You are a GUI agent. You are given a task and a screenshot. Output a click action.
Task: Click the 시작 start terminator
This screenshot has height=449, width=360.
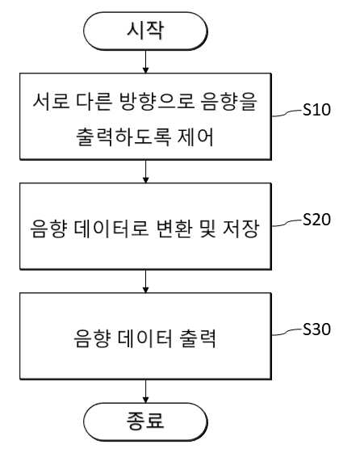click(145, 31)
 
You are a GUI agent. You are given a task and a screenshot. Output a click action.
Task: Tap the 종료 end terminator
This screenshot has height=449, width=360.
click(145, 422)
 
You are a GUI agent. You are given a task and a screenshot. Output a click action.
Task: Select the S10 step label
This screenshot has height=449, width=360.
click(316, 109)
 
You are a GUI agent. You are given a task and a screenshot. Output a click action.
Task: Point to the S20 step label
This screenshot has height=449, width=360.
click(316, 220)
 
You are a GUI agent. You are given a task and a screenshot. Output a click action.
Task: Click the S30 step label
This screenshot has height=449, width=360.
click(316, 329)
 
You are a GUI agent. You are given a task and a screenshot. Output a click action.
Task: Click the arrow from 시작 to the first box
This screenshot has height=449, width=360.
click(145, 61)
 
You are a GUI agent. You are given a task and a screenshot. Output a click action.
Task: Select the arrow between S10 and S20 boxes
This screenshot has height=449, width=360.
click(145, 171)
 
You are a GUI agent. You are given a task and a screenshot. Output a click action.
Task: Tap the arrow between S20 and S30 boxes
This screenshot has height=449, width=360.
click(145, 281)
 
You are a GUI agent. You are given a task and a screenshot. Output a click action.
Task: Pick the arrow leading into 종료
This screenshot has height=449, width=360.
click(145, 391)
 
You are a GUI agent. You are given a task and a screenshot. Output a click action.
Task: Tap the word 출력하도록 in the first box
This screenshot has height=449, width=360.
click(124, 136)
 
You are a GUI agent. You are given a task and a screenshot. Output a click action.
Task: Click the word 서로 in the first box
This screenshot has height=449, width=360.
click(51, 102)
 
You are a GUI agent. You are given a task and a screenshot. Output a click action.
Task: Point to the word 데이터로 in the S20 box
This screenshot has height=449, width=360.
click(111, 229)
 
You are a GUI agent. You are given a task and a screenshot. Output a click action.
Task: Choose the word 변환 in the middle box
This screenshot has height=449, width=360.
click(174, 229)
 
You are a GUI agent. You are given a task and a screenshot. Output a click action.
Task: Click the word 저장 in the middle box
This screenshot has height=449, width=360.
click(241, 229)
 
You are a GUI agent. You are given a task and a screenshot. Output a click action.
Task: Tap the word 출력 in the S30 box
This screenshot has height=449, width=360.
click(197, 338)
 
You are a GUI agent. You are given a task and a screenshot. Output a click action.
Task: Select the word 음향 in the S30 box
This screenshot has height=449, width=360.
click(92, 338)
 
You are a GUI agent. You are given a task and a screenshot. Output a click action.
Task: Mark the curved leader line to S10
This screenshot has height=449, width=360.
click(287, 113)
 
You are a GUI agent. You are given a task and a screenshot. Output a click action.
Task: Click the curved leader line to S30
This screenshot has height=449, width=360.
click(287, 332)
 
